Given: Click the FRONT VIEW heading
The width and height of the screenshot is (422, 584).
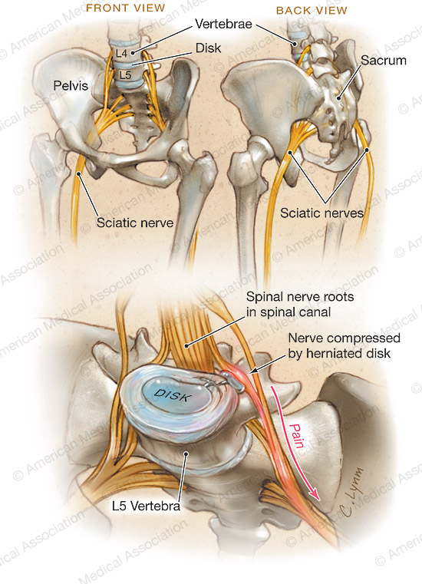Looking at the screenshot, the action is point(126,8).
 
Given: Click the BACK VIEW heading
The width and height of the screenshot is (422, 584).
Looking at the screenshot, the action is point(312,11).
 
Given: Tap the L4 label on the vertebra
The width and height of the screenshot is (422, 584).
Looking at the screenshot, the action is point(121,53).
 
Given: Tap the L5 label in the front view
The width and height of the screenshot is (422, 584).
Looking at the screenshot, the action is point(125,75).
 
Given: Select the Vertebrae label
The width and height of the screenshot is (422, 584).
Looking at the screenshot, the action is point(223,25).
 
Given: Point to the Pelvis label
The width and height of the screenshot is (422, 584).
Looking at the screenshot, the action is point(71,86).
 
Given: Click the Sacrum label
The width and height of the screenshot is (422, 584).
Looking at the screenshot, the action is point(384,61).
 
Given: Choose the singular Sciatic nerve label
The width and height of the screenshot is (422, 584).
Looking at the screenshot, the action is point(135,223).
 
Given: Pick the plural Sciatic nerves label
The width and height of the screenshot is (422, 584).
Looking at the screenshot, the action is point(321,213).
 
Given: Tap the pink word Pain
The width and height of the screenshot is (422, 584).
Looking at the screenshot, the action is point(297,435).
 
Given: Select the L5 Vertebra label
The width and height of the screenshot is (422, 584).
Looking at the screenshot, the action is point(146,506).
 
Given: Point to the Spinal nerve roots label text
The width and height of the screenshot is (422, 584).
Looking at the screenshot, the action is point(300,305).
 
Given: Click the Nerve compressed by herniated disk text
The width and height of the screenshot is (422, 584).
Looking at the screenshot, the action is point(345,345).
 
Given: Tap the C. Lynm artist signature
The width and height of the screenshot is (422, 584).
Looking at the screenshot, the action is point(351,492).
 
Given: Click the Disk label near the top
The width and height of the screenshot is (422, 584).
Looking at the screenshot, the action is point(208,48).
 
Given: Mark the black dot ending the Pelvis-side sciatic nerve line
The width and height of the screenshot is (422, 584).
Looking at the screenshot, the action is point(78,173).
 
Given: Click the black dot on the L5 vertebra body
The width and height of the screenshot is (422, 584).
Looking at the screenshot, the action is point(186,454).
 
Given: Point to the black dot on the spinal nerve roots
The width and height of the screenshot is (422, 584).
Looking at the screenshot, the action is point(186,346).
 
